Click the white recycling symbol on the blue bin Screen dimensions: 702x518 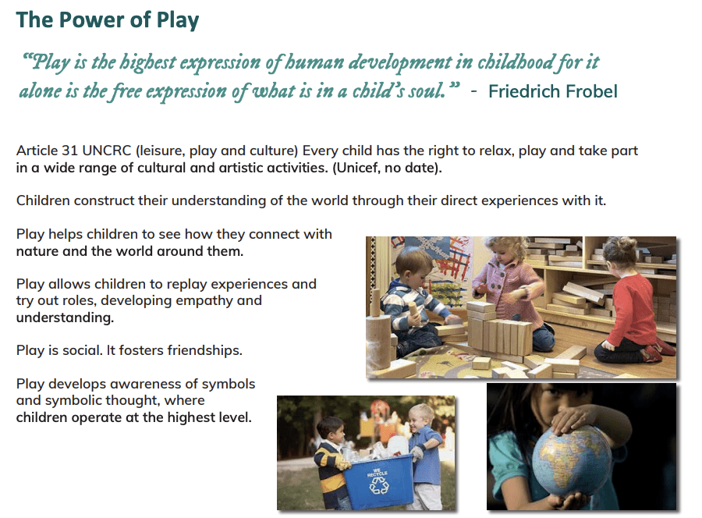pyautogui.click(x=379, y=486)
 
